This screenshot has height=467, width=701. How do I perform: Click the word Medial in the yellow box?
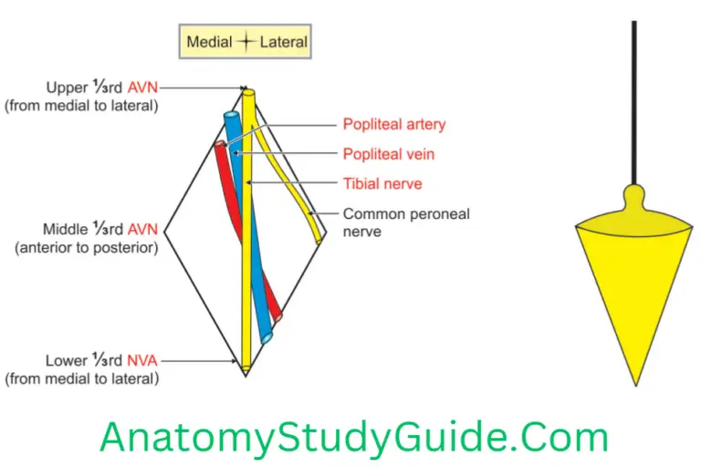coord(209,42)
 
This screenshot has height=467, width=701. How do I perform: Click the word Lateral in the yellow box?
coord(284,42)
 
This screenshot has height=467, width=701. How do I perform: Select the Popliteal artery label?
coord(394,124)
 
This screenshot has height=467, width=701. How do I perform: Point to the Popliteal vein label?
coord(388,154)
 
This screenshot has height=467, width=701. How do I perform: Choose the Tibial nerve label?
coord(382,183)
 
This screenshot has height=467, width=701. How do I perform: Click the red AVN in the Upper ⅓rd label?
coord(139,88)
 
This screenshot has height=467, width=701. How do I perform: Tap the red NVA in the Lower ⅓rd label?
coord(140,361)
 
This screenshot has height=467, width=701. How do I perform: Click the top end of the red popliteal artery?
coord(219,145)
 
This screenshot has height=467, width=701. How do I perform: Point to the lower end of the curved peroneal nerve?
coord(319,240)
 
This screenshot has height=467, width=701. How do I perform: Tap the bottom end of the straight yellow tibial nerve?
coord(246,368)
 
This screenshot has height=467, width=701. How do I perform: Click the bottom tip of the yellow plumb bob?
coord(634,383)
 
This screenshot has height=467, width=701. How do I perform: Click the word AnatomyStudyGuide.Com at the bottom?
coord(354,436)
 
